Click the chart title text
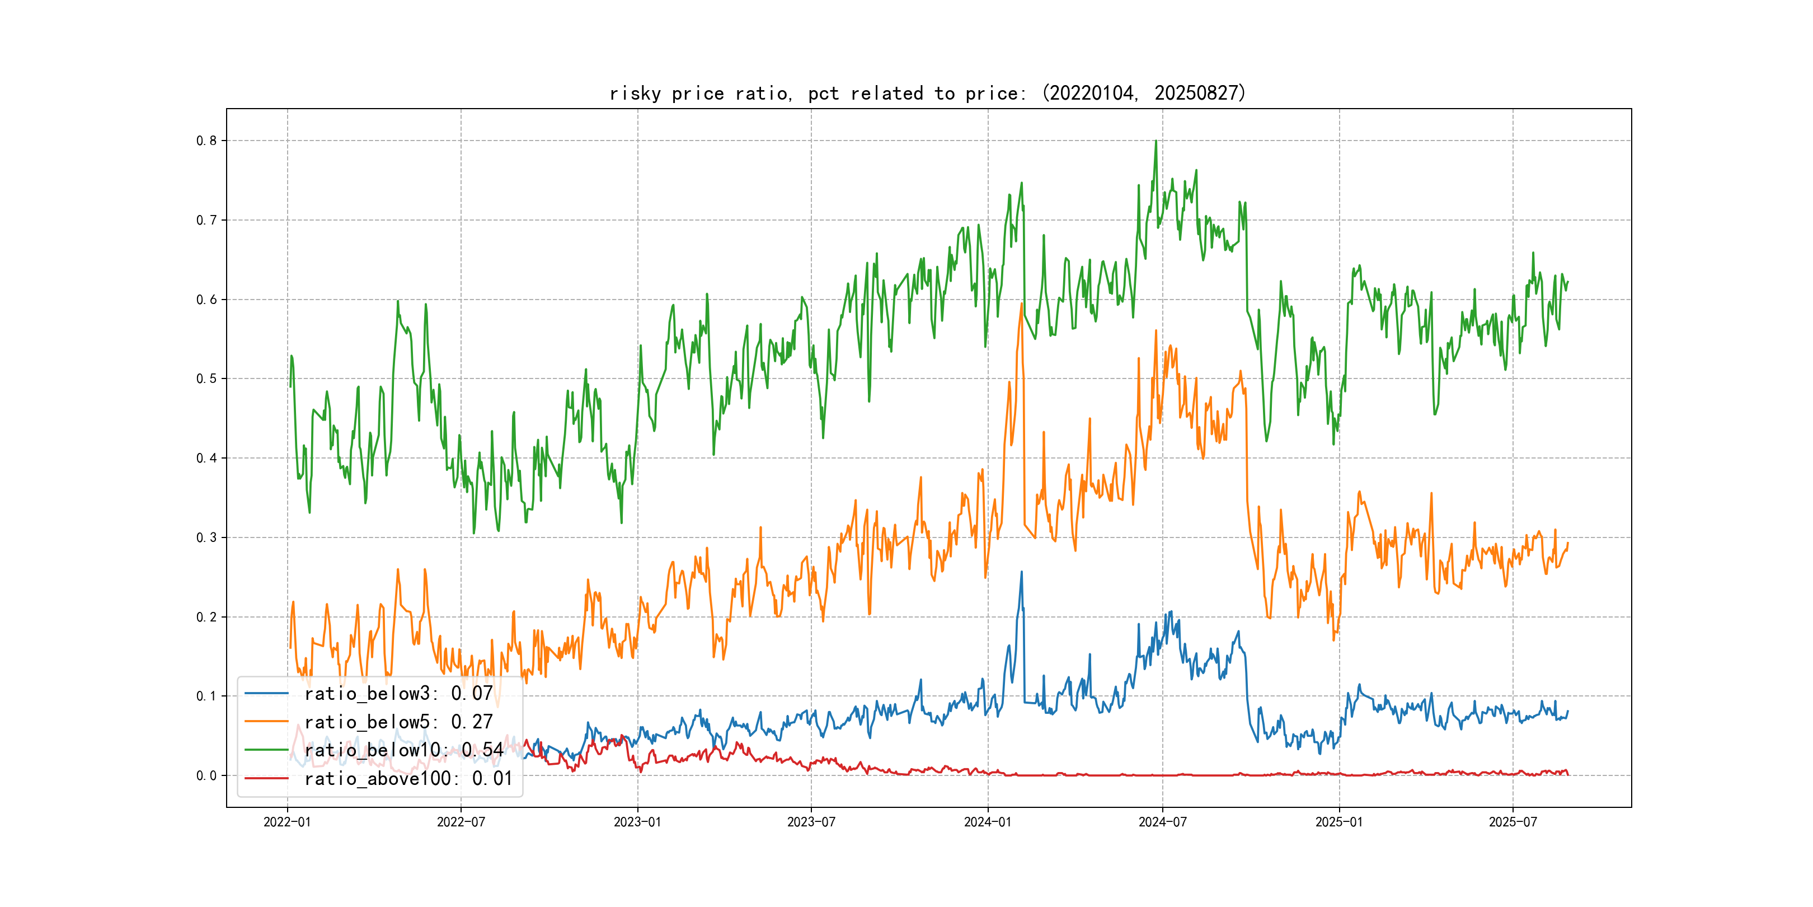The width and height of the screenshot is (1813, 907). click(927, 93)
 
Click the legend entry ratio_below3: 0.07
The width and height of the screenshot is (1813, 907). click(398, 694)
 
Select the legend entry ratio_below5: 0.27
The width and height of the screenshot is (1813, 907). click(398, 722)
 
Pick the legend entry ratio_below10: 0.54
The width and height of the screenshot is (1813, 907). click(403, 750)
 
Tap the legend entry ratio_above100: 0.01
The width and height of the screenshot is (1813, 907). click(408, 778)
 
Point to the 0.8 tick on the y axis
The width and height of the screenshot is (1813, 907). click(206, 141)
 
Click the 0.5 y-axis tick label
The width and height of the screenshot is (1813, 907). click(206, 379)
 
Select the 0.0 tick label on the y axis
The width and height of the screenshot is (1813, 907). click(206, 776)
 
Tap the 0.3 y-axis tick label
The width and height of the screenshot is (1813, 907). click(206, 538)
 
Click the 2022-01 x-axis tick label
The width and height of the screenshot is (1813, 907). click(287, 822)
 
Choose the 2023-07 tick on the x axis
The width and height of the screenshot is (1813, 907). click(811, 822)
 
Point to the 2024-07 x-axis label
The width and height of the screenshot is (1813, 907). click(1162, 822)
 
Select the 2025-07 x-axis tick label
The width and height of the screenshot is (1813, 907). click(1513, 822)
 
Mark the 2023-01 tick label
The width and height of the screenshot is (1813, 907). click(637, 822)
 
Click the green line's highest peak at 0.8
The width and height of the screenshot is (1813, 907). click(1156, 142)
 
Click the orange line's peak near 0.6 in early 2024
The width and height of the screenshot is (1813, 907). click(1021, 304)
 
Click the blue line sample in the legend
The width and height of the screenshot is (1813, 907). click(267, 694)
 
